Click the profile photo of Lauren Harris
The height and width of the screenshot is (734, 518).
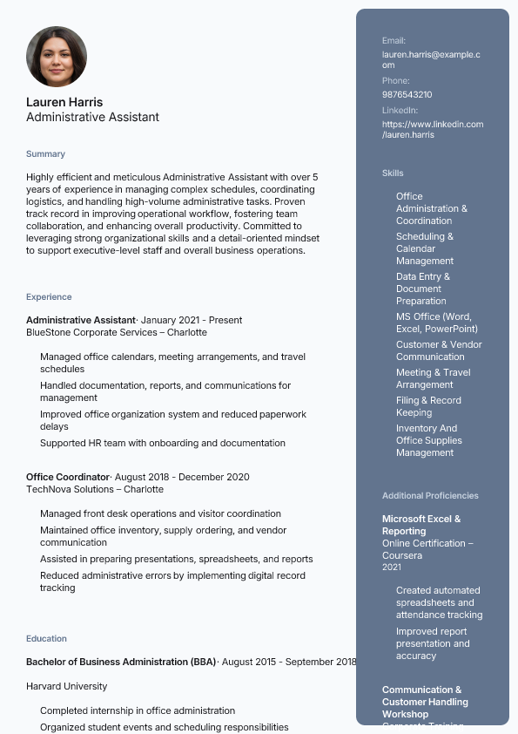pos(57,57)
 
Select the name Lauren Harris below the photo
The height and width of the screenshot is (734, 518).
pos(64,102)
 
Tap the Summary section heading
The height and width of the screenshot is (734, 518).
pos(45,154)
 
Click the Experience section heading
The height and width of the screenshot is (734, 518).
pos(49,297)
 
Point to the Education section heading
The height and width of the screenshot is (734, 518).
pos(46,639)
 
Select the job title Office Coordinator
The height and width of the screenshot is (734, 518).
pos(68,477)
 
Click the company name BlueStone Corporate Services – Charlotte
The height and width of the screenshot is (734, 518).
pos(117,332)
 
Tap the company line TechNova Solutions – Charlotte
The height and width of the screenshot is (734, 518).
pos(95,489)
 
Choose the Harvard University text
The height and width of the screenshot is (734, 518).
pos(67,686)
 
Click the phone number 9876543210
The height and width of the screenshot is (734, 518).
pos(407,94)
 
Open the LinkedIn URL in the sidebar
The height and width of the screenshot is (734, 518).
pos(432,129)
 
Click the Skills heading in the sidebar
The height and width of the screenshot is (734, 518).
pos(393,173)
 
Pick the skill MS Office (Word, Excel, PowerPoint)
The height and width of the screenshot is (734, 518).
pos(436,323)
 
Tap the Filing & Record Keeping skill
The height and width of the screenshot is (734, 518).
pos(428,406)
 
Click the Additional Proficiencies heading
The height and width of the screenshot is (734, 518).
pos(430,496)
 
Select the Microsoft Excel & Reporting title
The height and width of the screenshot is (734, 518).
pos(421,525)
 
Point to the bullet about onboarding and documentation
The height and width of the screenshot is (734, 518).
pos(163,443)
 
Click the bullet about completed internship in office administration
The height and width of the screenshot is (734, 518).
pos(138,710)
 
